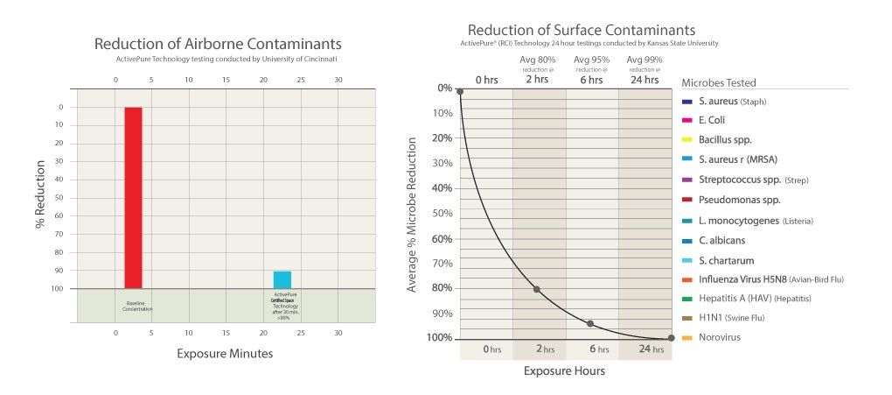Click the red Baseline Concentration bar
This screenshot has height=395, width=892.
point(133,197)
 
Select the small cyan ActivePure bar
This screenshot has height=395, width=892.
point(282,279)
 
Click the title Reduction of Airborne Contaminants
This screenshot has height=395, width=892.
point(218,44)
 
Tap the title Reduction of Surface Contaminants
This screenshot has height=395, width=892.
point(582,30)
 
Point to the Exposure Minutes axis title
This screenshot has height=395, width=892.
point(225,354)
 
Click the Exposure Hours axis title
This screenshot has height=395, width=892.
point(564,370)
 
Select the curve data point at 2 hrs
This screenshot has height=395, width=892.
point(536,289)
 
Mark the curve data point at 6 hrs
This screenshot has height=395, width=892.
point(590,324)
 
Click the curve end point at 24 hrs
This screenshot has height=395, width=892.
point(671,338)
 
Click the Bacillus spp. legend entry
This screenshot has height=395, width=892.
point(725,140)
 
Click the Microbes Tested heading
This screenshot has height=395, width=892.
point(719,82)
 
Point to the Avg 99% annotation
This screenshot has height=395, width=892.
point(644,60)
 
